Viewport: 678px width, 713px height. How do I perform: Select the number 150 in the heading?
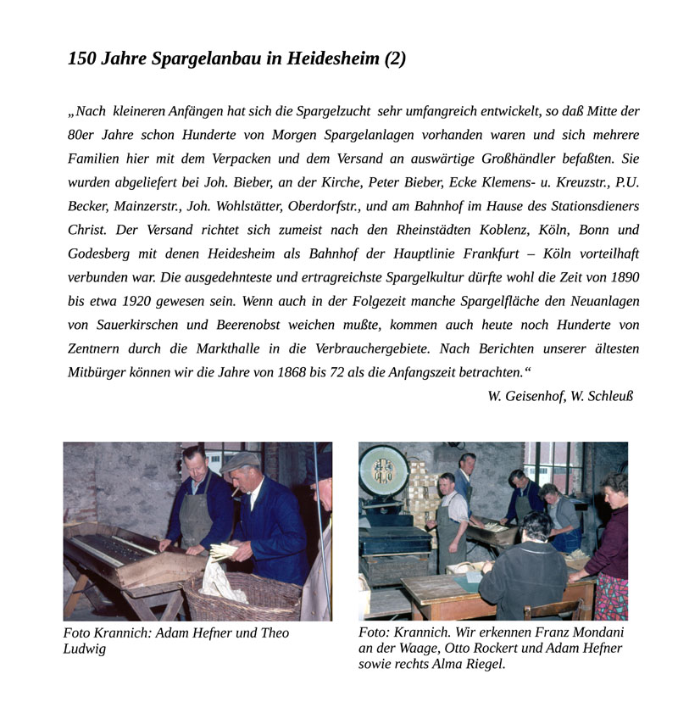click(x=82, y=58)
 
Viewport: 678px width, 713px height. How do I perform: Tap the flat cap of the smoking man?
click(x=240, y=461)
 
